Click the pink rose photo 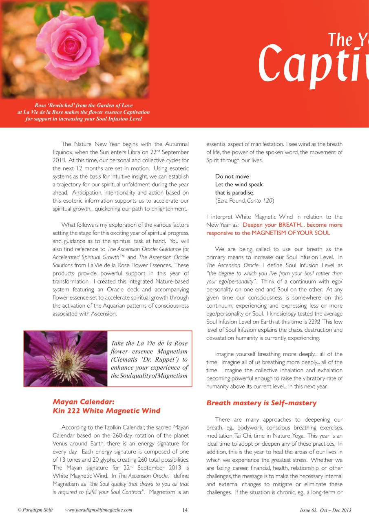[74, 49]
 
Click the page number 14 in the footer [185, 510]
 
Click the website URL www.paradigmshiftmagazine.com [99, 510]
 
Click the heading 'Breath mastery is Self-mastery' [261, 403]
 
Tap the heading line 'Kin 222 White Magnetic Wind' [106, 411]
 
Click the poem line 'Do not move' [232, 177]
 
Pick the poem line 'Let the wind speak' [239, 185]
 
